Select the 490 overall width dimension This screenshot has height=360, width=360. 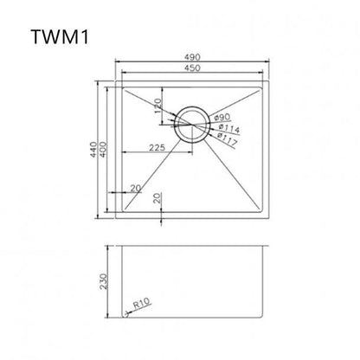click(193, 57)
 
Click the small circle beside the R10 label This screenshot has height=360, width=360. click(128, 315)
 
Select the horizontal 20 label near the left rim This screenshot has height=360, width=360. click(135, 189)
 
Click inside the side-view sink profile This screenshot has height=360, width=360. click(193, 277)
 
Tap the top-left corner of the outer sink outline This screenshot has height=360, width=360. click(116, 83)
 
